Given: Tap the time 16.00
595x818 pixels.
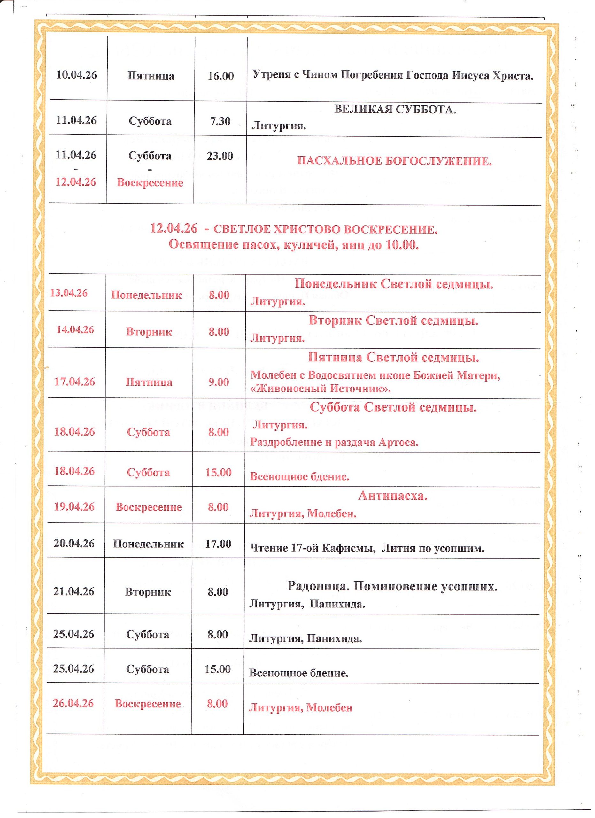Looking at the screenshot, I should tap(220, 76).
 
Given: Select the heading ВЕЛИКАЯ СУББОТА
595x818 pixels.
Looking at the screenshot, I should tap(395, 109).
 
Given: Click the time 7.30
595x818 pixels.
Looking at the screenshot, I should tap(220, 121).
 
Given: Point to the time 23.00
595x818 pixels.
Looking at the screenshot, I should tap(220, 156).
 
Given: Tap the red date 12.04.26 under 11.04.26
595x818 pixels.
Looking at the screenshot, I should tap(76, 182).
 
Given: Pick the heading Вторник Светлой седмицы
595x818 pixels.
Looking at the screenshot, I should tap(393, 320).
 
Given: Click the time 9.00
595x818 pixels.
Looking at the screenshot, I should tap(219, 382).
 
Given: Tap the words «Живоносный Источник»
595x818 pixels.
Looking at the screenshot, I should tap(321, 389).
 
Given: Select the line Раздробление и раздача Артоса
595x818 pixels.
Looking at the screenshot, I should tap(334, 442).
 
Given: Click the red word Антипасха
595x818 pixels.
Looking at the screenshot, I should tap(392, 496).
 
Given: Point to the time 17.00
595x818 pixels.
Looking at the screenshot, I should tap(218, 544).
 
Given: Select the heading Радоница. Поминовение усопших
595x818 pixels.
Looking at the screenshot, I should tap(392, 586).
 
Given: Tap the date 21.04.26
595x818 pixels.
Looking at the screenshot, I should tap(74, 591).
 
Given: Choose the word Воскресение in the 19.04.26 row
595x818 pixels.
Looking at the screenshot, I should tap(149, 507).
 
